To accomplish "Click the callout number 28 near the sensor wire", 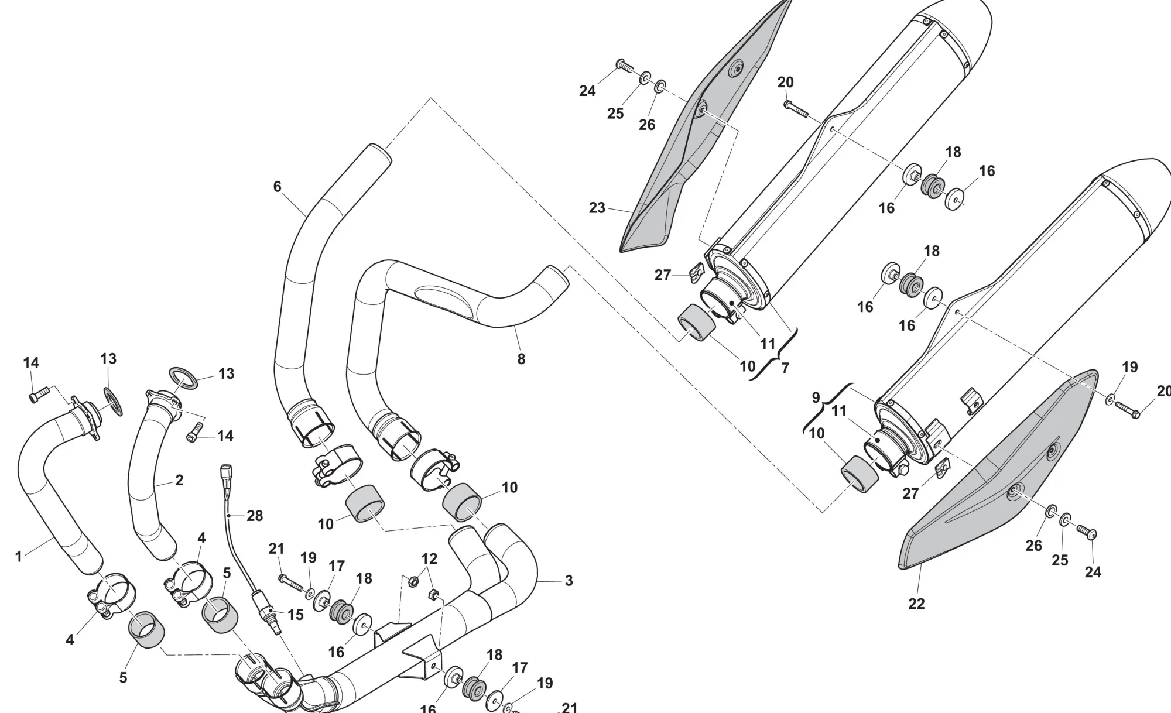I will [255, 516].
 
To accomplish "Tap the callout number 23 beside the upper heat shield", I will [597, 208].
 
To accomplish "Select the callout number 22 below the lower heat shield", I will [916, 604].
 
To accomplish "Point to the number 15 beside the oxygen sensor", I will [296, 615].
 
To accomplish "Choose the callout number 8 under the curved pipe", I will [521, 359].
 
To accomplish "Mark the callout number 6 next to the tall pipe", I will [277, 187].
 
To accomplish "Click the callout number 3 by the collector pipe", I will [569, 581].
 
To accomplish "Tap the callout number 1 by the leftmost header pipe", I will [19, 557].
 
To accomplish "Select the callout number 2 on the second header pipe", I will [179, 480].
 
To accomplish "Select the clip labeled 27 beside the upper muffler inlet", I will [695, 272].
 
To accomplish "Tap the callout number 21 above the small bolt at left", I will [276, 549].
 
